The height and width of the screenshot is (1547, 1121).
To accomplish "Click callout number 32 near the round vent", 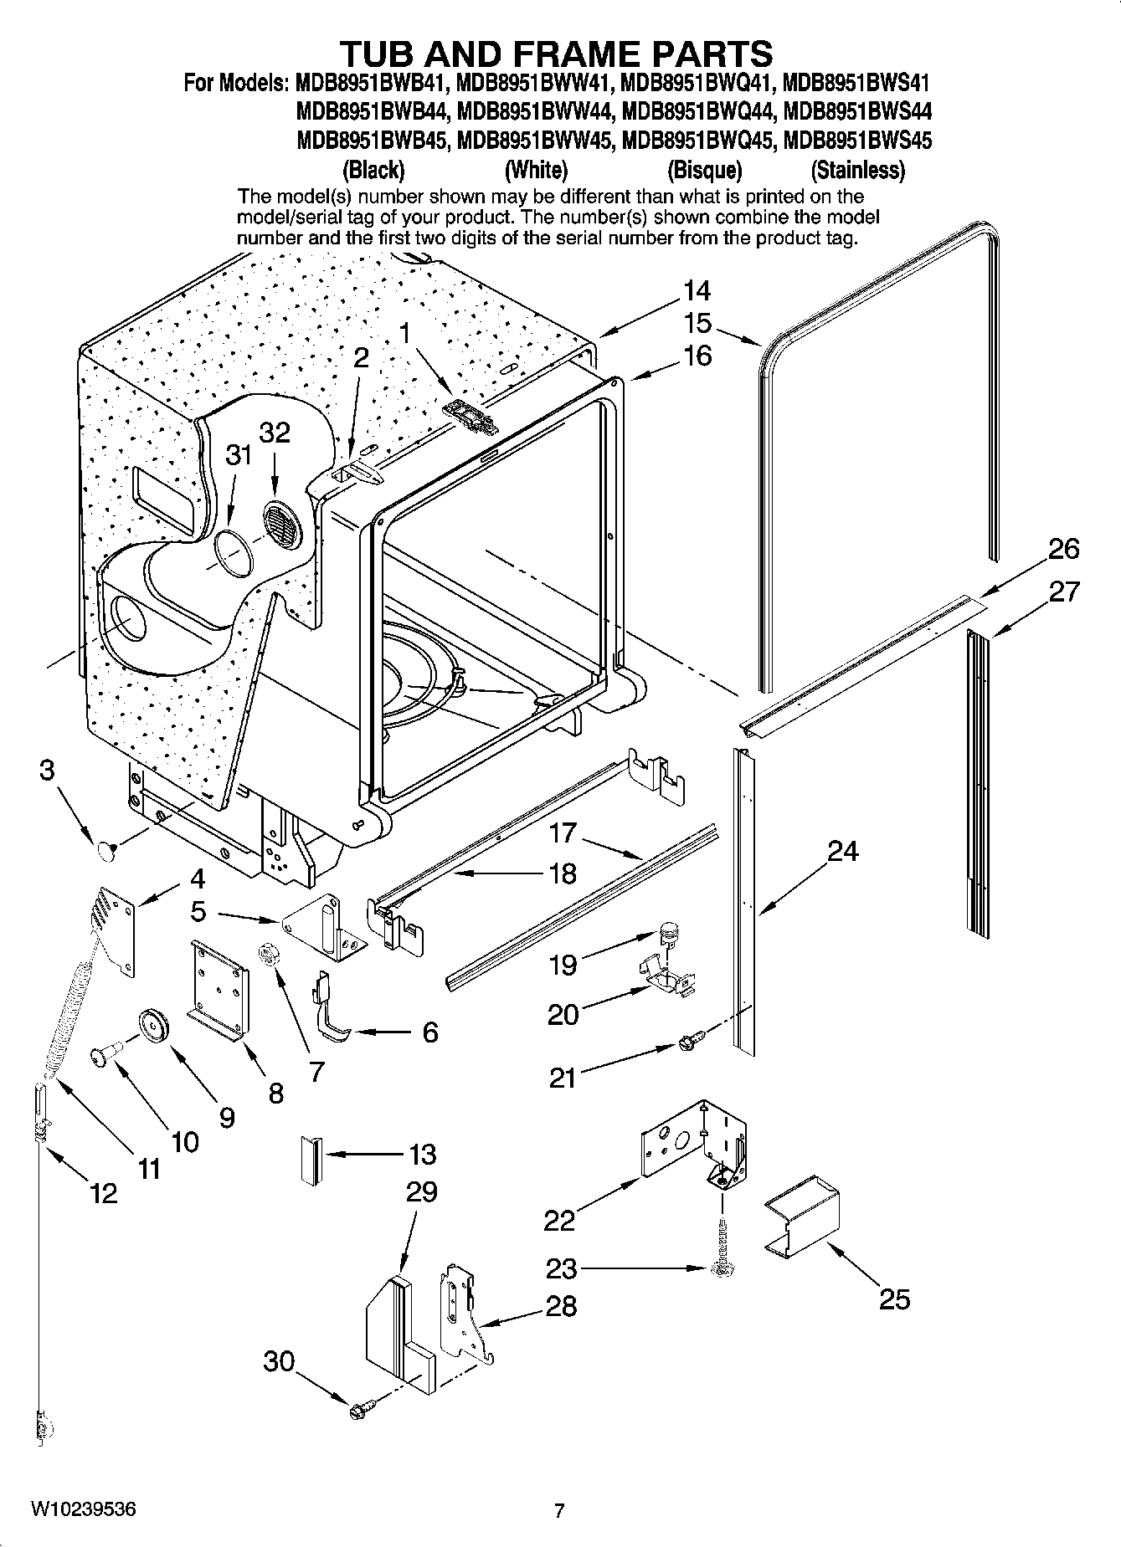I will [274, 433].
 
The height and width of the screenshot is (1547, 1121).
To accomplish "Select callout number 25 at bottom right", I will [893, 1299].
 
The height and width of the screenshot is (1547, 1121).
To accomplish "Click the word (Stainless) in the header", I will [857, 171].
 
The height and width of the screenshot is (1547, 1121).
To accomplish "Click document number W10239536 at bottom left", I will [83, 1509].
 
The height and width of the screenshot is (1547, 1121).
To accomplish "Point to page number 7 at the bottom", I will [559, 1511].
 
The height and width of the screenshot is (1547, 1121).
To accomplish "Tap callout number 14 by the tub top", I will [696, 291].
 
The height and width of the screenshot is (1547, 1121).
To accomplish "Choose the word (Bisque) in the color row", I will [704, 171].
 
